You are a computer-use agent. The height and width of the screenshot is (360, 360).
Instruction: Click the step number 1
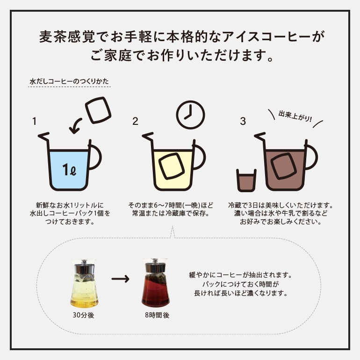pos(34,122)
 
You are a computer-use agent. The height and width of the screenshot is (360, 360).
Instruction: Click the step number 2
pos(135,122)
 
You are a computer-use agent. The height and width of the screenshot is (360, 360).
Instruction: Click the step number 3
pos(243,122)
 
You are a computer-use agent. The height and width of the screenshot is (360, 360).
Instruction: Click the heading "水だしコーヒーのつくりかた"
pos(69,81)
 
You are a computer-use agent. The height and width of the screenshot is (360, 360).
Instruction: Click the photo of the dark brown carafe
pos(157,284)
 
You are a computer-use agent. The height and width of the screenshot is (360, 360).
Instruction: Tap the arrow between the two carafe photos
pos(120,280)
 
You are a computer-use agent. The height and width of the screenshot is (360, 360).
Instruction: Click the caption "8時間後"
pos(157,315)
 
